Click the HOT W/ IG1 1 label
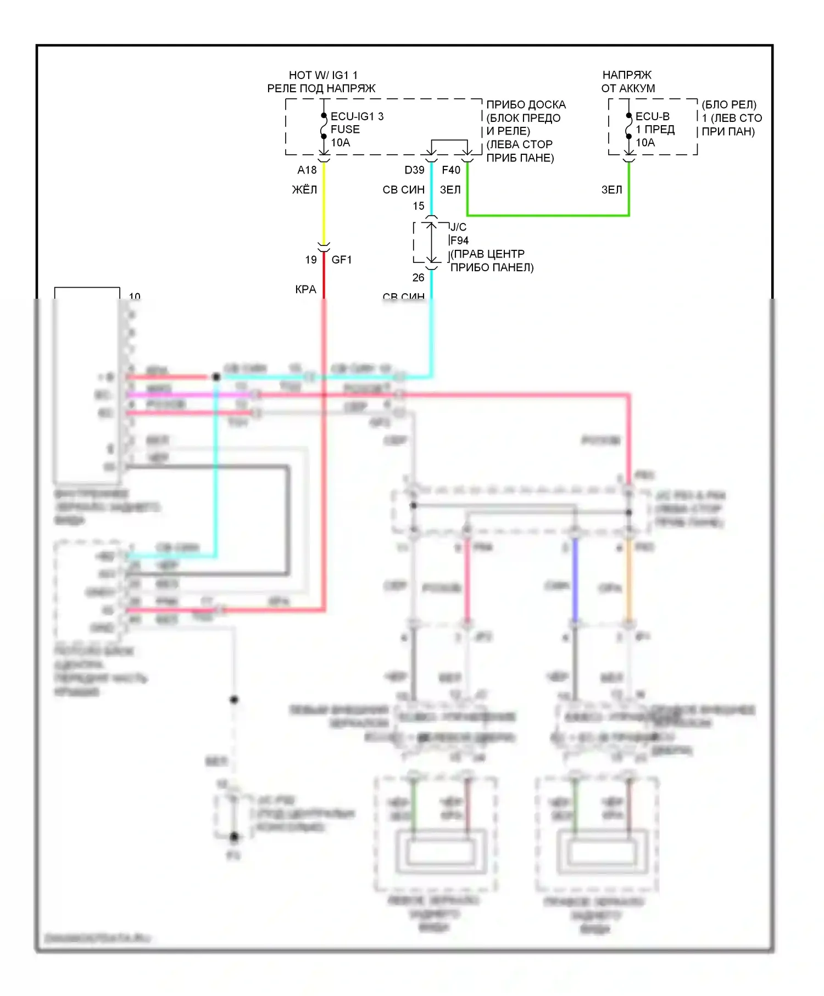pyautogui.click(x=323, y=75)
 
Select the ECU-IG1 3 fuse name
pyautogui.click(x=357, y=116)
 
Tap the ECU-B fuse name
pyautogui.click(x=652, y=116)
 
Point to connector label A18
pyautogui.click(x=307, y=170)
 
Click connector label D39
pyautogui.click(x=414, y=170)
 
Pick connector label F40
pyautogui.click(x=451, y=170)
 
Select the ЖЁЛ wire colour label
pyautogui.click(x=304, y=190)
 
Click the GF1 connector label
pyautogui.click(x=342, y=260)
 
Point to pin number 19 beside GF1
pyautogui.click(x=311, y=260)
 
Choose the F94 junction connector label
pyautogui.click(x=459, y=240)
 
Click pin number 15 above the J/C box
pyautogui.click(x=419, y=206)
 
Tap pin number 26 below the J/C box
pyautogui.click(x=419, y=278)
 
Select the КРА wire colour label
pyautogui.click(x=305, y=289)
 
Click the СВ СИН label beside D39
pyautogui.click(x=404, y=190)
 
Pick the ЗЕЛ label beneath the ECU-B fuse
pyautogui.click(x=612, y=190)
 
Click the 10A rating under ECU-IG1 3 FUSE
pyautogui.click(x=340, y=143)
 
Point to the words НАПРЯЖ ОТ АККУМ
pyautogui.click(x=628, y=81)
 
